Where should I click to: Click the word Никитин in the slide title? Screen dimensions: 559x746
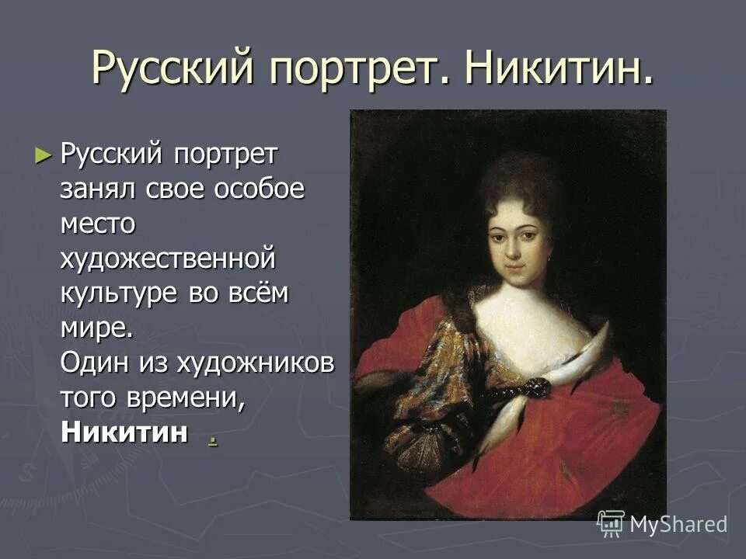[x=558, y=68]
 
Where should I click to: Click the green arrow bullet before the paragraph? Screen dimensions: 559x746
[x=43, y=154]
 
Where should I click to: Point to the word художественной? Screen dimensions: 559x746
[x=169, y=258]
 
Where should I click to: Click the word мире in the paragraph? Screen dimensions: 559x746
[x=93, y=327]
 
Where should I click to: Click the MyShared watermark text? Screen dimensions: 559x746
[x=678, y=524]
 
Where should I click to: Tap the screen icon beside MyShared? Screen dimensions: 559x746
[x=612, y=524]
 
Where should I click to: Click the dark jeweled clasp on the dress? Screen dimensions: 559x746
[x=538, y=386]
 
